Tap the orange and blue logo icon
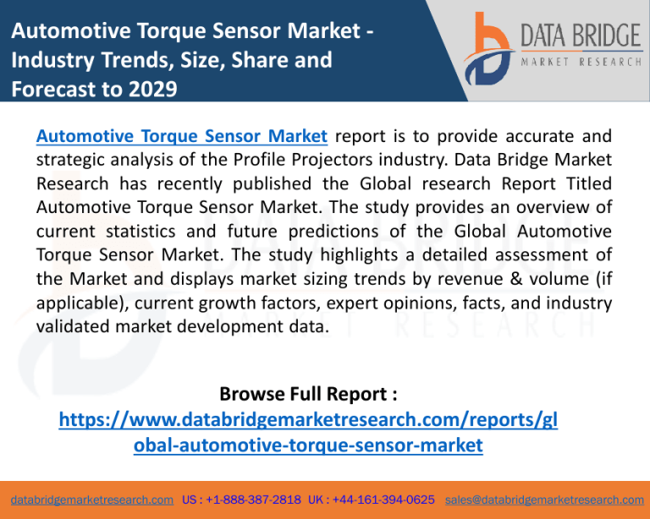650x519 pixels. pos(489,49)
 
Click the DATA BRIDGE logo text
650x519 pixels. pos(581,36)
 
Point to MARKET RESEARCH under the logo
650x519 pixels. pos(581,62)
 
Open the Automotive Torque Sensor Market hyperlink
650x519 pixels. pos(182,136)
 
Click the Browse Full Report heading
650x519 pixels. pos(308,394)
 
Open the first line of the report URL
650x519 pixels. pos(308,419)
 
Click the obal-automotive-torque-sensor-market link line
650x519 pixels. pos(308,445)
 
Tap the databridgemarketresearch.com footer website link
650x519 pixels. pos(92,500)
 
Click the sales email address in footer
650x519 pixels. pos(544,500)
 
